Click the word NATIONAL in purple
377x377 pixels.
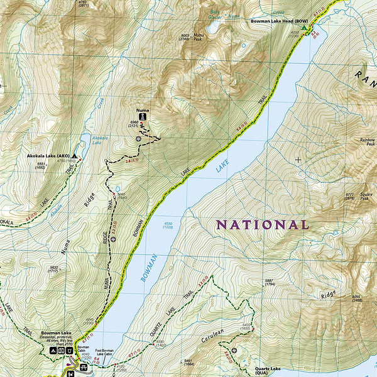pyautogui.click(x=263, y=224)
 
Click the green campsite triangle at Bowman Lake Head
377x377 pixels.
pyautogui.click(x=305, y=28)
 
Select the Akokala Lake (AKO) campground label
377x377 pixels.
pyautogui.click(x=47, y=155)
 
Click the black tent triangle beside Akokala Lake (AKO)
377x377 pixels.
pyautogui.click(x=75, y=155)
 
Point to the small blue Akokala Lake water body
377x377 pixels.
pyautogui.click(x=84, y=139)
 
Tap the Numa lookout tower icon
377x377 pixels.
pyautogui.click(x=143, y=117)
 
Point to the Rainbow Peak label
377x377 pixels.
pyautogui.click(x=366, y=142)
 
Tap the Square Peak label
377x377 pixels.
pyautogui.click(x=367, y=196)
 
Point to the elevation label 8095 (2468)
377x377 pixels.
pyautogui.click(x=357, y=298)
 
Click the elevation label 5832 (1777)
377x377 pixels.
pyautogui.click(x=55, y=269)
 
